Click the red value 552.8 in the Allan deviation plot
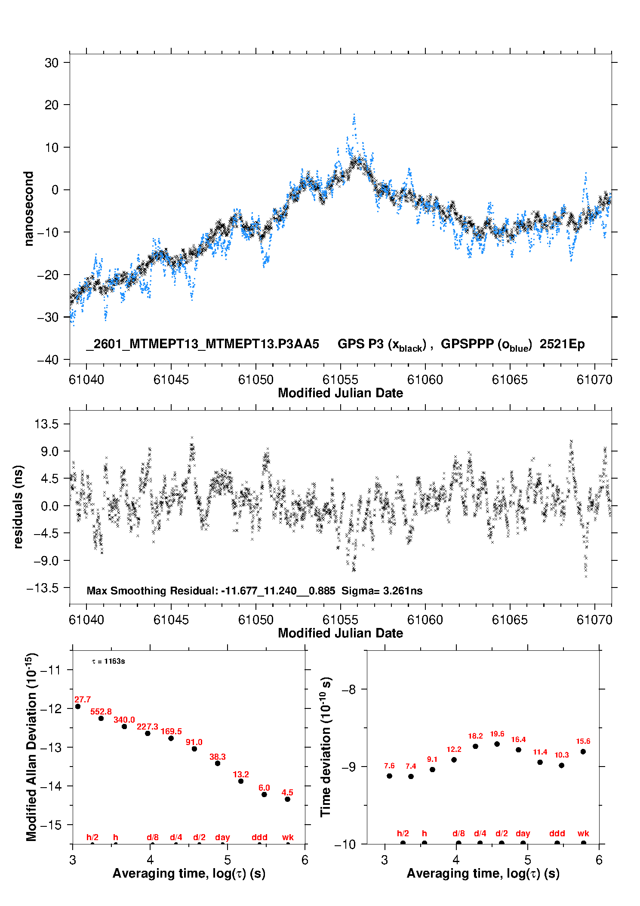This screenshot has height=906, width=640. point(101,712)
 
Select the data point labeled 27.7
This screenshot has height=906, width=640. point(78,706)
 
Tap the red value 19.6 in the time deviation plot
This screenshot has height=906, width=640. point(497,734)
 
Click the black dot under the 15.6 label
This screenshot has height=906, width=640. point(583,751)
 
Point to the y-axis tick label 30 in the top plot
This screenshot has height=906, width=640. point(52,63)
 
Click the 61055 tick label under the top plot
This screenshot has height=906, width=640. point(340,380)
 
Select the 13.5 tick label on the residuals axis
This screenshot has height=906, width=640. point(46,424)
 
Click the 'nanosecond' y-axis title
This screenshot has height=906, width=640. point(29,209)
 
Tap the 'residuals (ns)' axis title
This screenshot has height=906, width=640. point(18,507)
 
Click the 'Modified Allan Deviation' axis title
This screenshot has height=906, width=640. point(31,747)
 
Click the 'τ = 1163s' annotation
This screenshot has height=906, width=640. point(108,661)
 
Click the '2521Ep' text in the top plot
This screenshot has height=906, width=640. point(562,344)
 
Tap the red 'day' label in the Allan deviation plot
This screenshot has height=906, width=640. point(222,837)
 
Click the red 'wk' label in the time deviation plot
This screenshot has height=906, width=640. point(583,834)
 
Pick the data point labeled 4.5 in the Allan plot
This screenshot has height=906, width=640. point(287,799)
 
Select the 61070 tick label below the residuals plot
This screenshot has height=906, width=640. point(594,620)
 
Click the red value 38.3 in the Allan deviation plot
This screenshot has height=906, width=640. point(218,757)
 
